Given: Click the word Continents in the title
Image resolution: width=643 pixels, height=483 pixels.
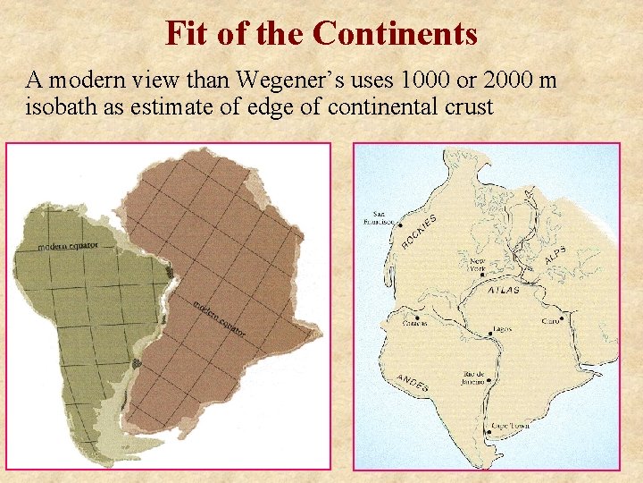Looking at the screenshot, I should pos(395,34).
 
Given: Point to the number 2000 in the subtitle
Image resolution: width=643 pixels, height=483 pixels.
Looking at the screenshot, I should pos(509,80).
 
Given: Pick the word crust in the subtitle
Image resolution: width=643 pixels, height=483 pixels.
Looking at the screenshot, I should pos(466,107).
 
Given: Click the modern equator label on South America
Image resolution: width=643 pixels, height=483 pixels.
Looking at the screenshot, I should pos(66,245).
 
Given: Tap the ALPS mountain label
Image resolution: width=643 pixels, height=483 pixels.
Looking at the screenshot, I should pos(555,254).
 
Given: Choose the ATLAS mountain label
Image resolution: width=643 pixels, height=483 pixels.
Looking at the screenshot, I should pos(505,291).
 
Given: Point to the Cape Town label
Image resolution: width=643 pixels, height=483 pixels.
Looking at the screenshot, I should pos(510,426).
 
